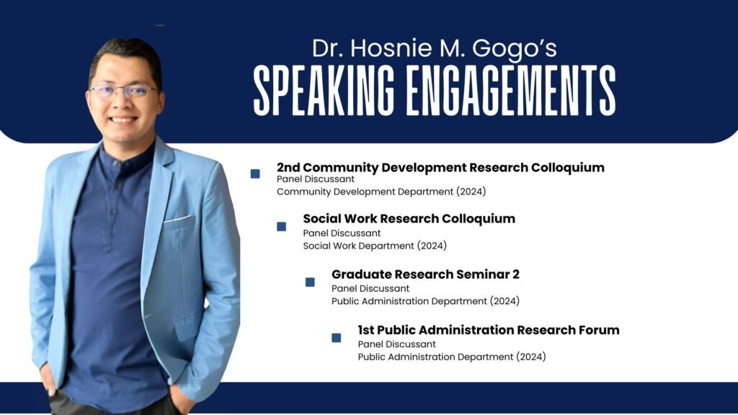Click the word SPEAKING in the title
pos(324,90)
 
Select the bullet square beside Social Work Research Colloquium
pos(282,227)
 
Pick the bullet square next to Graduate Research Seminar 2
pos(310,282)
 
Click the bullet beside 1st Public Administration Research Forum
pos(337,338)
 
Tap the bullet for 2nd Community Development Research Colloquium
pos(255,174)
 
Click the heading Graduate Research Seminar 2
pos(425,275)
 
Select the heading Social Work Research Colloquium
pos(409,219)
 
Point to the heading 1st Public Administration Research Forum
pos(489,330)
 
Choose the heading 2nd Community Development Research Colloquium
pos(440,167)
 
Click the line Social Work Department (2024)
pos(375,246)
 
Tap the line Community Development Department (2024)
pos(381,192)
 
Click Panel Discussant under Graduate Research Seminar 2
pos(370,288)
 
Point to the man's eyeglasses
pos(124,91)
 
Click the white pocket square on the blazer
pos(178,218)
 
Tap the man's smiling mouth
pos(123,120)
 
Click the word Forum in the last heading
pos(599,330)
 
